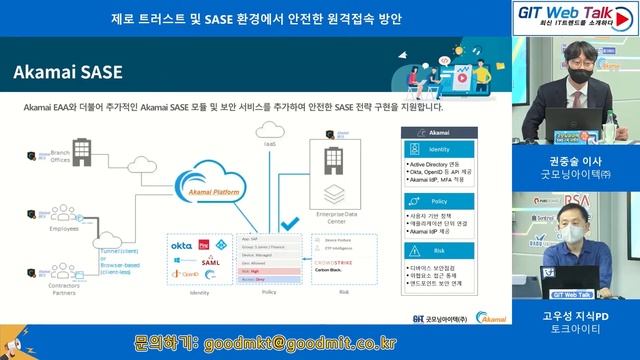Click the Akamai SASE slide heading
pyautogui.click(x=67, y=72)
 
